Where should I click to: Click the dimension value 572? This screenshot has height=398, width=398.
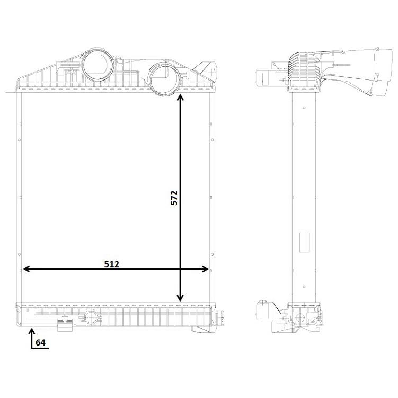coord(174,198)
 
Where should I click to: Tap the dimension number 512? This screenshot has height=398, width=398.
coord(112,264)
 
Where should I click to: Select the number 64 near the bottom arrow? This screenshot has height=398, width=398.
coord(41,342)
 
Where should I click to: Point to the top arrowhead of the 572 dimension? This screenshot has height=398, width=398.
coord(180,97)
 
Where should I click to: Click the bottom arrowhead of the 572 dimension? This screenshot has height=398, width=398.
coord(180,298)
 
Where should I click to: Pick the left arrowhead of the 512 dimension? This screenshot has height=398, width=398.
coord(26,269)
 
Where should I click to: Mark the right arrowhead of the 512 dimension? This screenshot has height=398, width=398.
coord(205,269)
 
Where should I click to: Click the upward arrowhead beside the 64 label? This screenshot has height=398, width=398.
coord(32,331)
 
